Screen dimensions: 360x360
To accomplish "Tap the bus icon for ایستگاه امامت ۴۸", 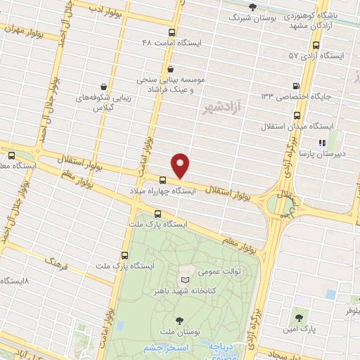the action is pyautogui.click(x=172, y=32).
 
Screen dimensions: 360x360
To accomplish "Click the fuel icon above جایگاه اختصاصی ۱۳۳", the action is pyautogui.click(x=295, y=86).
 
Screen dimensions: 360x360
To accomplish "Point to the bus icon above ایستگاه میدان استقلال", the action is pyautogui.click(x=296, y=115).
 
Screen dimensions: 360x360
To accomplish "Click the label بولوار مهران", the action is pyautogui.click(x=22, y=30).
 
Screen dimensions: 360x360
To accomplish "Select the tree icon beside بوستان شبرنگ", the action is pyautogui.click(x=252, y=6).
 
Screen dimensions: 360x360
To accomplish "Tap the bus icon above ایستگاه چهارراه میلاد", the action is pyautogui.click(x=162, y=181).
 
